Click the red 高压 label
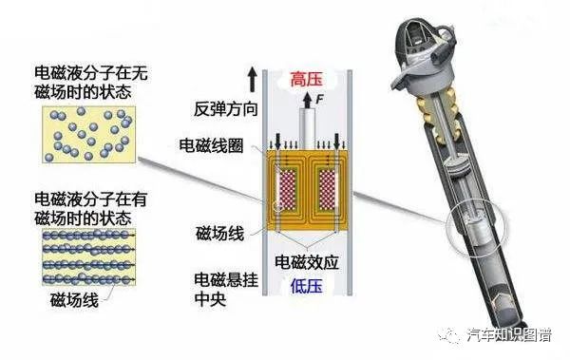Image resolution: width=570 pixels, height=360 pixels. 307,79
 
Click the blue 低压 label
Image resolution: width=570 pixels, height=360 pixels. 307,286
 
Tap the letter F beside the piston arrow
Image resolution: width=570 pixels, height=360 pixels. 319,99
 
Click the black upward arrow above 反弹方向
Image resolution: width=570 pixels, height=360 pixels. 253,81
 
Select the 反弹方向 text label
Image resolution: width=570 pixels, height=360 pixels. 225,108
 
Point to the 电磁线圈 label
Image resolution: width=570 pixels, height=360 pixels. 211,145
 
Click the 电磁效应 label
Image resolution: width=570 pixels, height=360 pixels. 307,262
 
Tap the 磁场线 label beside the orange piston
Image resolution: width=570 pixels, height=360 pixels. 219,234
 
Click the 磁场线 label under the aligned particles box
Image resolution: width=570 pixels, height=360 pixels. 74,300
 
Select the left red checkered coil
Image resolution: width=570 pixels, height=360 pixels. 287,190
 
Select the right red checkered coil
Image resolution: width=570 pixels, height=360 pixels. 327,190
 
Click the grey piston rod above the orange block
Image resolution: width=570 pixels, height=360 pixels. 307,128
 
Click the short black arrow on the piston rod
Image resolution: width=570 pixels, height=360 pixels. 308,101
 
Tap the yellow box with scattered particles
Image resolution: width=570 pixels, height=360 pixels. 88,134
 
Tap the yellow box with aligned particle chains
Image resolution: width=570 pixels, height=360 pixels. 88,257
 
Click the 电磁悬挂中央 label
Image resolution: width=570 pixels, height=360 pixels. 226,290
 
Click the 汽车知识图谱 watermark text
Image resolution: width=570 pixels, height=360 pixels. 510,335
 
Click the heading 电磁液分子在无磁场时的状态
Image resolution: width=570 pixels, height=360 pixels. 91,83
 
